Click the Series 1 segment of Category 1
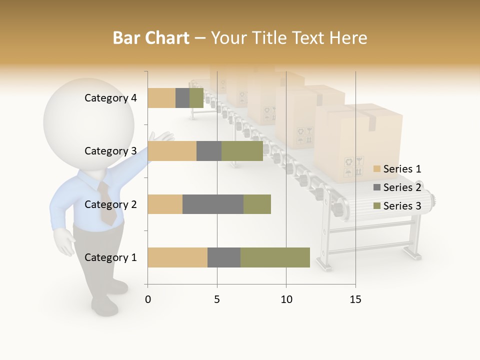[x=177, y=257]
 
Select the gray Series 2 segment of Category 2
[x=213, y=204]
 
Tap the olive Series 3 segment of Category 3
[x=242, y=151]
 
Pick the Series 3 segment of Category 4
[x=196, y=98]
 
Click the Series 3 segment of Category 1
[x=275, y=257]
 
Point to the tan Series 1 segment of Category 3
[x=172, y=151]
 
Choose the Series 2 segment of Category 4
[x=182, y=98]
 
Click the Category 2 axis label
[x=110, y=204]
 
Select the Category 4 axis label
[x=110, y=98]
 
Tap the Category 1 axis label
[x=110, y=257]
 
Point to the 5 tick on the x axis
[x=217, y=299]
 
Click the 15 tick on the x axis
[x=355, y=299]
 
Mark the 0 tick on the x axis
[x=148, y=299]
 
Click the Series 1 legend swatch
[x=377, y=169]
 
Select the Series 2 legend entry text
[x=402, y=187]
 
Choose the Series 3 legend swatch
[x=377, y=206]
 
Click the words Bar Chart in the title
[x=151, y=38]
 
